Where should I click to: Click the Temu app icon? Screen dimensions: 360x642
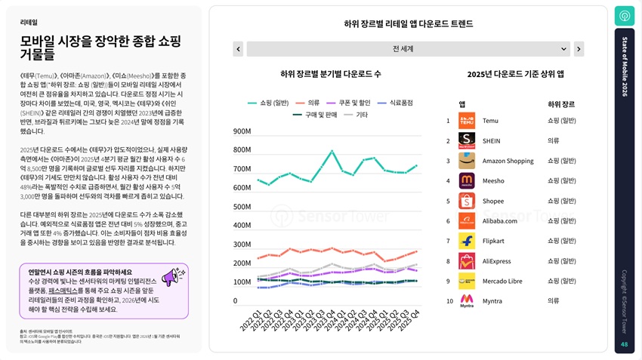467,120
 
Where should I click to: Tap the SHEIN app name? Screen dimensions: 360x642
491,140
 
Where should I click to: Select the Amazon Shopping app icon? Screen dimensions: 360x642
467,161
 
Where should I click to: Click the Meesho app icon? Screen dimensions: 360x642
467,180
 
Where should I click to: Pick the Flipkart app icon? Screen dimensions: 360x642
467,241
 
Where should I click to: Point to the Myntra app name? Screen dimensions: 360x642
493,301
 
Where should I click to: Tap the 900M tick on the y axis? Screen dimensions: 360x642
242,131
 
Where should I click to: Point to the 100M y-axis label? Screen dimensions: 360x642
242,282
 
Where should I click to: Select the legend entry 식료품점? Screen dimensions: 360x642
400,102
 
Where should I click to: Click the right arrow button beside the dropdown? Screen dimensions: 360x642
579,49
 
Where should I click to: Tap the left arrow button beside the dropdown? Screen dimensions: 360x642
238,49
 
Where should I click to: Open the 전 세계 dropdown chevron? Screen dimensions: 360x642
563,49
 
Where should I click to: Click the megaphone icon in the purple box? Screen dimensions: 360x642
173,277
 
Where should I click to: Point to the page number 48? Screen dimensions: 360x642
624,345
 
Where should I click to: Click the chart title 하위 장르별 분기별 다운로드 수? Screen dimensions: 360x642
330,74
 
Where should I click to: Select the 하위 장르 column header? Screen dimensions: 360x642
560,104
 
